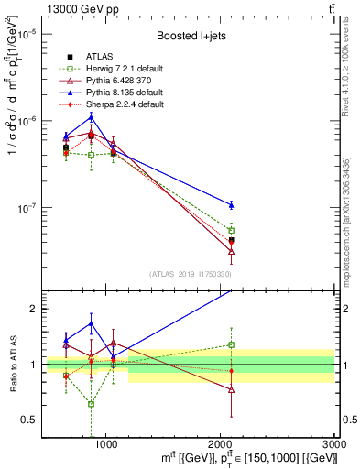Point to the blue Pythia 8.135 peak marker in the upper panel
pyautogui.click(x=91, y=116)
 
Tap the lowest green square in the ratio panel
pyautogui.click(x=91, y=404)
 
